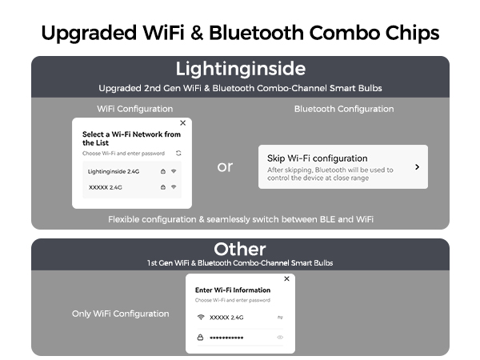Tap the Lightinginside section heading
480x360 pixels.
(x=240, y=68)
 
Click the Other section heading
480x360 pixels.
(x=240, y=249)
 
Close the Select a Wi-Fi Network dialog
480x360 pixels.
(x=182, y=123)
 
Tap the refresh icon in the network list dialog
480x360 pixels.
(x=178, y=152)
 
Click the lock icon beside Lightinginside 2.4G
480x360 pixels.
(x=163, y=171)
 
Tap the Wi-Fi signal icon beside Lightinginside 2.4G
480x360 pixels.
(x=174, y=171)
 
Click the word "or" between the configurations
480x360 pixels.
(x=225, y=166)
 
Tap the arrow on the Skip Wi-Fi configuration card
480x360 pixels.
(x=417, y=167)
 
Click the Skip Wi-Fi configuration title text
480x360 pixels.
(x=317, y=158)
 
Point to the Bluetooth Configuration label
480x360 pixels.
(x=344, y=109)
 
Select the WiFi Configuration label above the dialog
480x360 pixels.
(x=123, y=109)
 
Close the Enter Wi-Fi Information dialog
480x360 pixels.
(x=286, y=280)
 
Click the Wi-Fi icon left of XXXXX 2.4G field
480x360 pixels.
(x=200, y=318)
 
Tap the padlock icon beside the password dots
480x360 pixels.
(x=200, y=338)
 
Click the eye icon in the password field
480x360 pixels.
(x=280, y=338)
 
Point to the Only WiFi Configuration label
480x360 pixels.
(x=120, y=314)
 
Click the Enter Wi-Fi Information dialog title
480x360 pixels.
(x=233, y=290)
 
